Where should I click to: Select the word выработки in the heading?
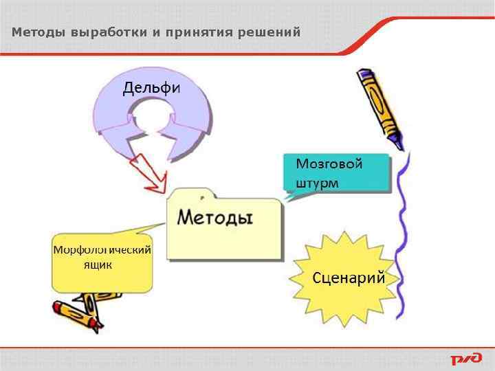tap(101, 32)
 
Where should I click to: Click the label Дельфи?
tap(151, 88)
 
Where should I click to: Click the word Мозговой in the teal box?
tap(329, 164)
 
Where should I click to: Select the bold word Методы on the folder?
tap(215, 218)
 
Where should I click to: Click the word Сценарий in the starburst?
tap(348, 278)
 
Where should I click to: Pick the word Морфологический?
tap(102, 249)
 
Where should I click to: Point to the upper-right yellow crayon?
tap(378, 103)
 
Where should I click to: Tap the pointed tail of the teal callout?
tap(291, 196)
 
